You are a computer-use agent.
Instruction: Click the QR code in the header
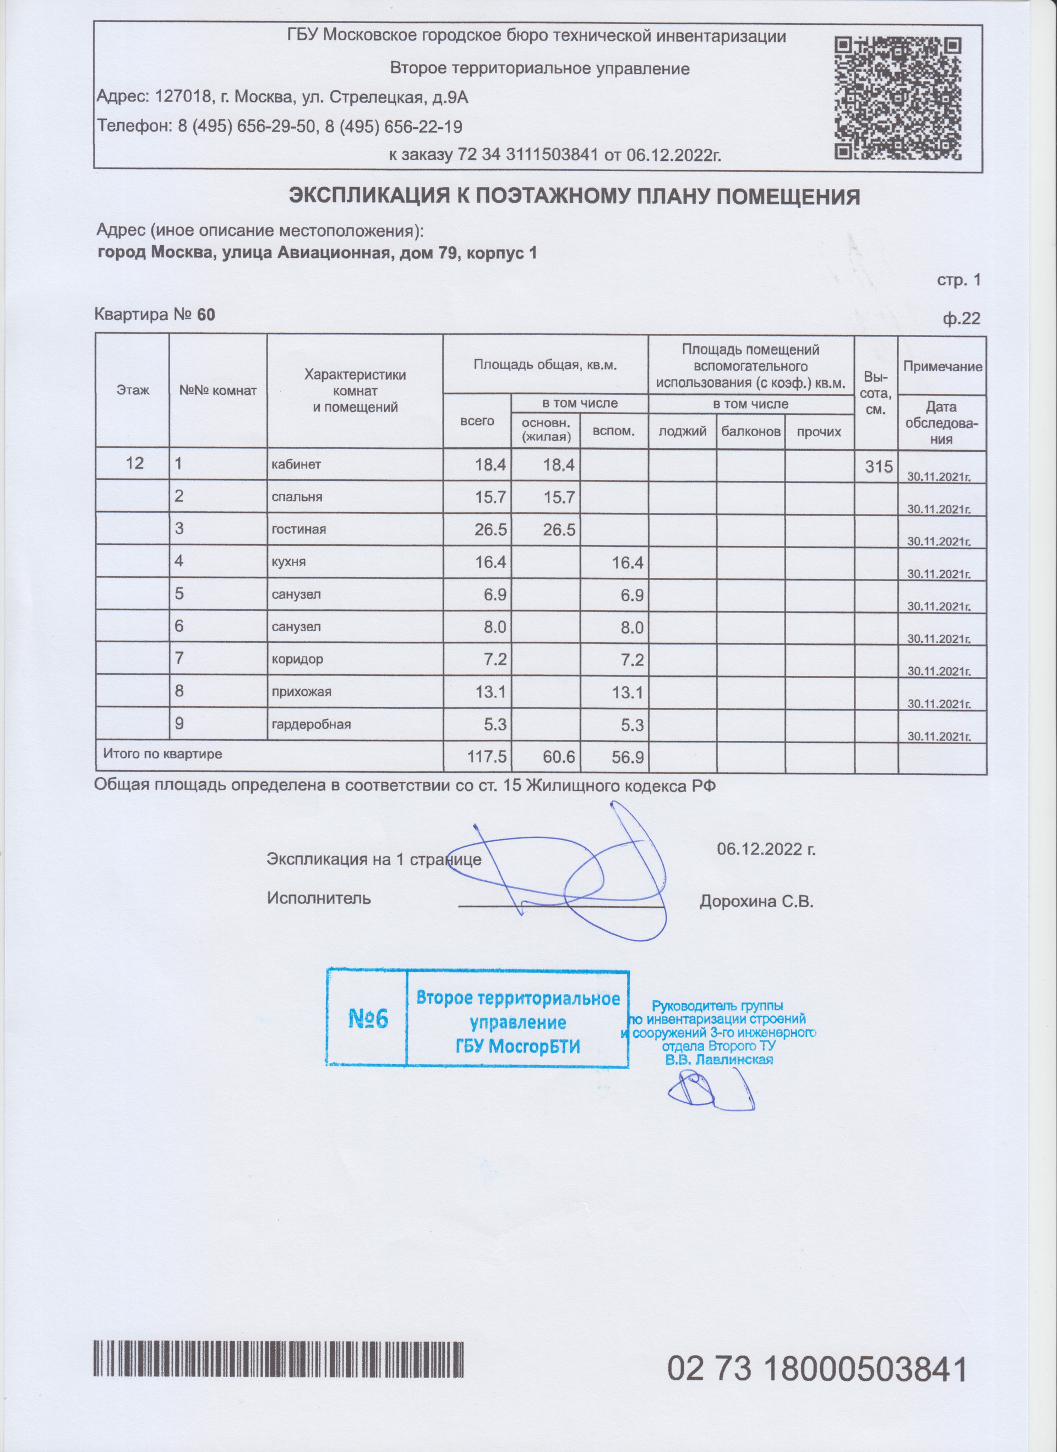pos(898,98)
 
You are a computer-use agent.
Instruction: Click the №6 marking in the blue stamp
pos(368,1018)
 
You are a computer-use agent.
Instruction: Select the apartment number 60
pos(206,315)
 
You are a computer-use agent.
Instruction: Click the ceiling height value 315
pos(879,467)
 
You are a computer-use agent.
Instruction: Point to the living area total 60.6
pos(559,757)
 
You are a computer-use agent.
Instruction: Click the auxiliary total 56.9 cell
pos(627,757)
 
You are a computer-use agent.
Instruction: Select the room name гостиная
pos(299,529)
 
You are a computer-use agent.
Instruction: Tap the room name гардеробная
pos(311,724)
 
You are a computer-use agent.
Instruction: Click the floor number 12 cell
pos(134,463)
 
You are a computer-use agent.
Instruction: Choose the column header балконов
pos(750,431)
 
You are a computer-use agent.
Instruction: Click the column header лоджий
pos(682,431)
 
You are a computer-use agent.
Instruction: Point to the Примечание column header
pos(942,367)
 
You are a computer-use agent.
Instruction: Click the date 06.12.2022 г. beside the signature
pos(766,849)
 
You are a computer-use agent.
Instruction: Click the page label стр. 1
pos(958,280)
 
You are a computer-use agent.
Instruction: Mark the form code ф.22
pos(961,318)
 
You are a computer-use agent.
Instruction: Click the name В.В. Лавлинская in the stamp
pos(718,1060)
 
